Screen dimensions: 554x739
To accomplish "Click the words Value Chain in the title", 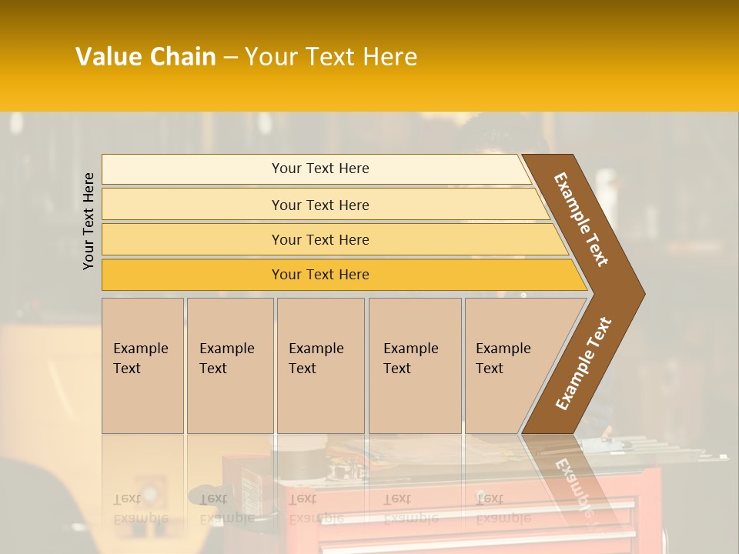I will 145,57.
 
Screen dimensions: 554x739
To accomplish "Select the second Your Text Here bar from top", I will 319,205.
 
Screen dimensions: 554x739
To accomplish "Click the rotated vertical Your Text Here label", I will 89,221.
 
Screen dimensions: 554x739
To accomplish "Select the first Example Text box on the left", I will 142,365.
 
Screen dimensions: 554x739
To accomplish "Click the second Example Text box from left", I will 229,365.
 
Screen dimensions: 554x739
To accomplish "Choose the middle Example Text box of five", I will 320,365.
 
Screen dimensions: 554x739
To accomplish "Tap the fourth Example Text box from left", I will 414,365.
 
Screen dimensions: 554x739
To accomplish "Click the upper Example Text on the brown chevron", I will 581,219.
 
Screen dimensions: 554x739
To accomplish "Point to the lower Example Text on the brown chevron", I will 584,363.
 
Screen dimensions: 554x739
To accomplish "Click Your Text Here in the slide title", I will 331,57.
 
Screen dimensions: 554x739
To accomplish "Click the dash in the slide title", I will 230,58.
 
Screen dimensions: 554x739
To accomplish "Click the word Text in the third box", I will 303,369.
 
